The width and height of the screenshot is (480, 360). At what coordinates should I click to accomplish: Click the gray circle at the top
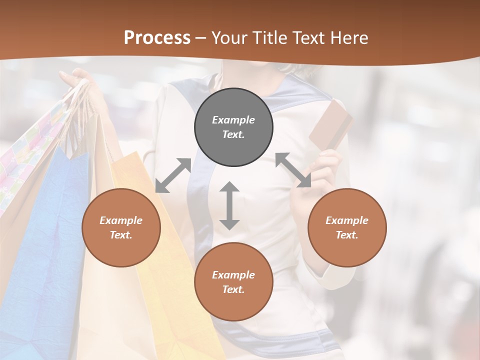(x=233, y=127)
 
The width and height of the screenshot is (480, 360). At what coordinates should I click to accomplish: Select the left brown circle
(x=121, y=227)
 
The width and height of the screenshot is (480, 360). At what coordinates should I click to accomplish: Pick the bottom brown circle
(x=233, y=282)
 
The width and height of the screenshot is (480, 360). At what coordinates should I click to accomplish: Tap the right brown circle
(x=346, y=227)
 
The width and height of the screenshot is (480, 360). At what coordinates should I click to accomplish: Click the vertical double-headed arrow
(x=229, y=205)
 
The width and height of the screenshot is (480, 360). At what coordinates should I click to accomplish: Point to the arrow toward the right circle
(x=293, y=170)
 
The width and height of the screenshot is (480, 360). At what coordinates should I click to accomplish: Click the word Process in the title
(x=157, y=38)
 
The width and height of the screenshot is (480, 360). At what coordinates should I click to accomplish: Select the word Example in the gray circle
(x=233, y=120)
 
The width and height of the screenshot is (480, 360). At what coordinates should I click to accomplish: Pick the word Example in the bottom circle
(x=233, y=275)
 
